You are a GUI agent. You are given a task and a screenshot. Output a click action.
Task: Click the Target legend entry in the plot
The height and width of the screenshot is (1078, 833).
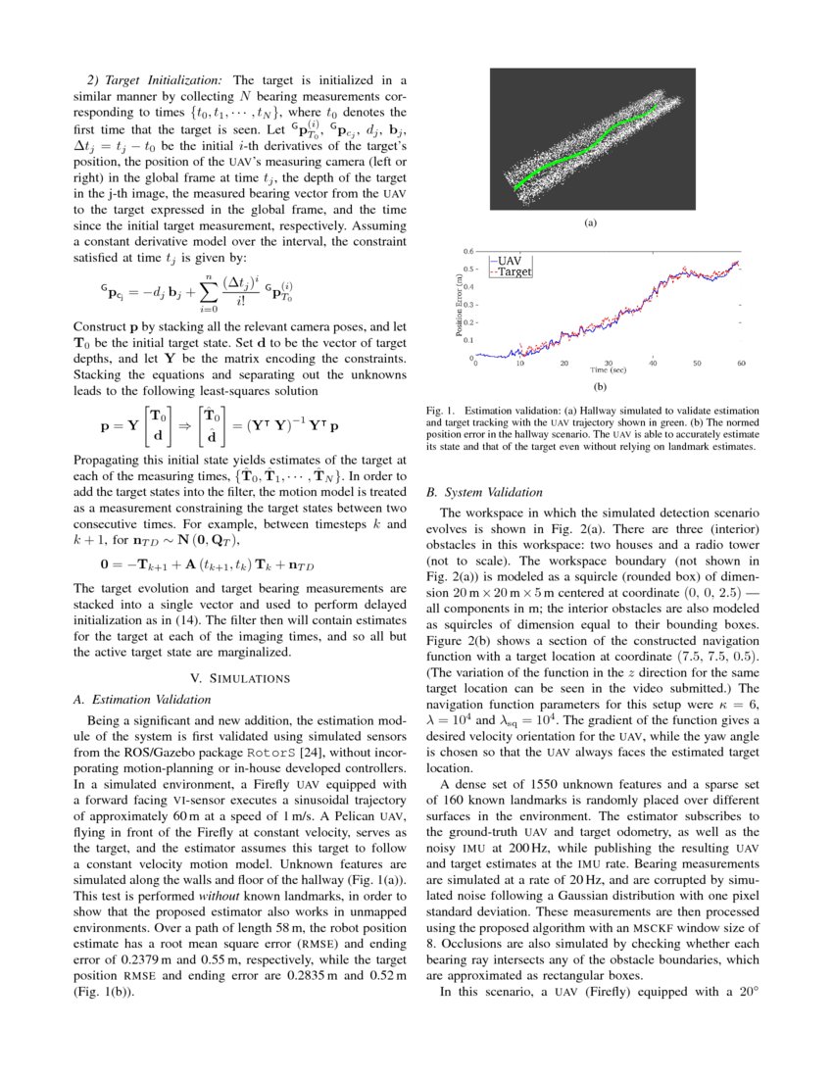click(x=514, y=271)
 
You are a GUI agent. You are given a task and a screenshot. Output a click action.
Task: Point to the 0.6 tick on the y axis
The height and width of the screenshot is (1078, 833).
click(x=468, y=251)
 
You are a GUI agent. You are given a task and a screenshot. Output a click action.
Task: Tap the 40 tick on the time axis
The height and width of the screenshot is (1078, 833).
click(x=653, y=363)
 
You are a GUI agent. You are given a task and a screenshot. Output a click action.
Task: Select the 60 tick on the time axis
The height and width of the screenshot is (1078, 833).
click(x=741, y=363)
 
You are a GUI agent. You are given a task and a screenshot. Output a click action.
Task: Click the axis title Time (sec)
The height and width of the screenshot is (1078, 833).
click(x=608, y=370)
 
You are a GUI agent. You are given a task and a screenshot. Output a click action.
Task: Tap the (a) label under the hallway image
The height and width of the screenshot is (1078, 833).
click(x=590, y=223)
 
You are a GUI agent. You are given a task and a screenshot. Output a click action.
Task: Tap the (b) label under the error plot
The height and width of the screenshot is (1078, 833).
click(x=590, y=386)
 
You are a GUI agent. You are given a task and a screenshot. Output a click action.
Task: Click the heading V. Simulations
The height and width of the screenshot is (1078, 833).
click(x=240, y=678)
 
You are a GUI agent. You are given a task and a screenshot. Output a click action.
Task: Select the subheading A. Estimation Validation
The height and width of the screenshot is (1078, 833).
click(x=142, y=700)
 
